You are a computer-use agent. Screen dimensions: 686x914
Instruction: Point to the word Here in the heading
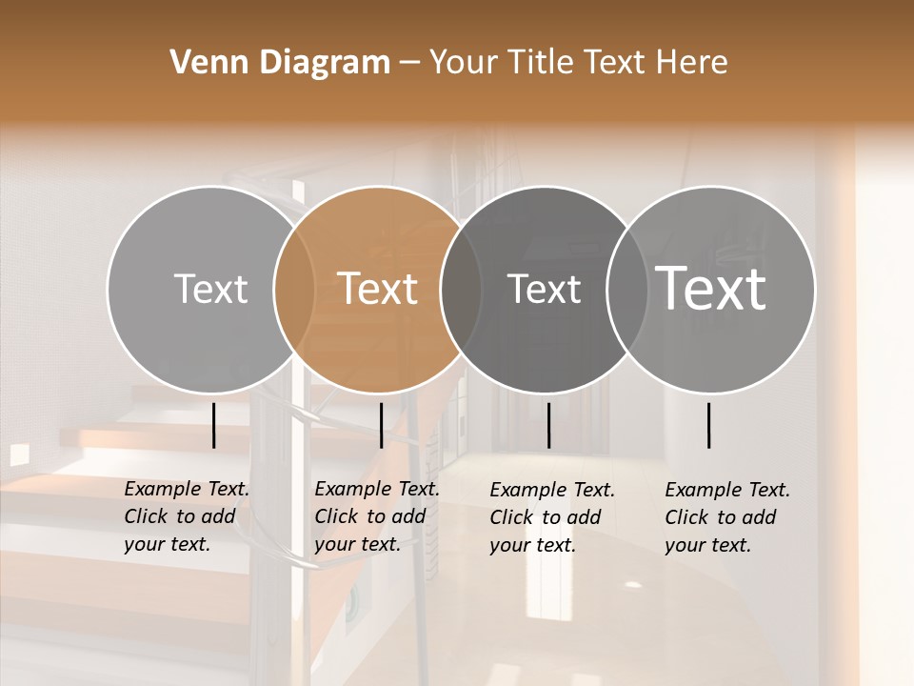pos(694,63)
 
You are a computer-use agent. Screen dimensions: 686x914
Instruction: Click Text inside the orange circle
pos(378,289)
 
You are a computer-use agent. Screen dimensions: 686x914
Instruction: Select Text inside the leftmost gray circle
pos(210,289)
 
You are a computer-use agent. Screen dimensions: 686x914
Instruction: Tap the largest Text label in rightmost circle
pos(711,289)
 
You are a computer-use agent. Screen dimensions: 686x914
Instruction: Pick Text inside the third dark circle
pos(544,289)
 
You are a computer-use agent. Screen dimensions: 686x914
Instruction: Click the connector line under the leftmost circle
pos(213,425)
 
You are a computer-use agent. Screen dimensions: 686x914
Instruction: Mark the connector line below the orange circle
pos(381,425)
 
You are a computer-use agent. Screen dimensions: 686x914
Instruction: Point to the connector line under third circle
pos(548,425)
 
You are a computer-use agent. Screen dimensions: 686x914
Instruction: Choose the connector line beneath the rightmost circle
pos(709,425)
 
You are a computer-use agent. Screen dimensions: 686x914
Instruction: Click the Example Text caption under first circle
pos(187,516)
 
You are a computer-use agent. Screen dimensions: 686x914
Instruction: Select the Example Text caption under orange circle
pos(377,516)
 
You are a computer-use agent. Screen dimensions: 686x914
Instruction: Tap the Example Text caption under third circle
pos(552,517)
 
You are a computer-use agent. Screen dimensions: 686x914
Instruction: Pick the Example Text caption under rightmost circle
pos(727,517)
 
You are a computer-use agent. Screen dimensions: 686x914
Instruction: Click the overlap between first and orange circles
pos(294,290)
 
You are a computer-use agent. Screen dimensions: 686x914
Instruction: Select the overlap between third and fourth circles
pos(627,290)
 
